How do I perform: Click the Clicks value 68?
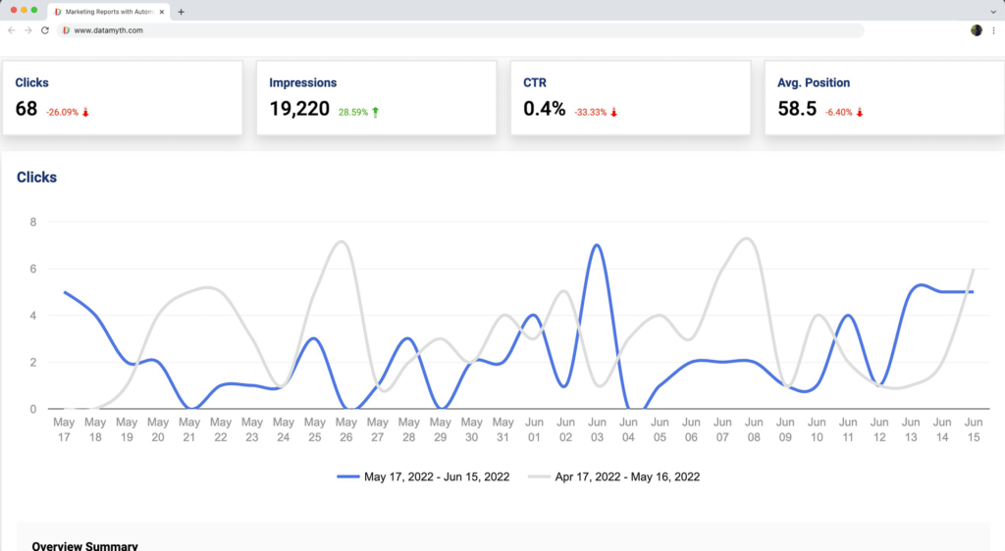pos(26,109)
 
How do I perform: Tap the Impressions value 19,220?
pos(299,109)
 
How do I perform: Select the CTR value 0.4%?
pos(545,109)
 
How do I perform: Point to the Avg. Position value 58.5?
pos(797,109)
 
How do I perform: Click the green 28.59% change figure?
pos(352,112)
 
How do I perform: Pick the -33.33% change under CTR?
pos(595,112)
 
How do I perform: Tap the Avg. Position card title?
pos(814,83)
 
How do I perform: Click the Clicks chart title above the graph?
pos(37,177)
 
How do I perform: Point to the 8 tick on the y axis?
pos(32,222)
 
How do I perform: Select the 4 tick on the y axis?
pos(32,316)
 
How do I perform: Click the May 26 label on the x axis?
pos(345,429)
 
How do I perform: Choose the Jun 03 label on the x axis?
pos(596,429)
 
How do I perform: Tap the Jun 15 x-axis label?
pos(972,429)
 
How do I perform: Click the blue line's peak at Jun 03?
pos(596,245)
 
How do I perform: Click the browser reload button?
pos(44,30)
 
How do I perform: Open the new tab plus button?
pos(182,11)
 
